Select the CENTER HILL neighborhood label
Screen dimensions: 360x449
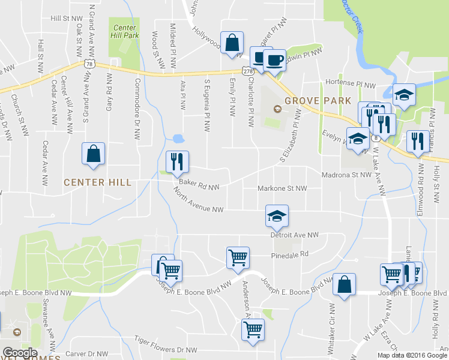click(x=97, y=182)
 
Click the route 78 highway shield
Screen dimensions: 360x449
click(x=89, y=63)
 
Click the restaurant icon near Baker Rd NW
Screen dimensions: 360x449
click(x=177, y=161)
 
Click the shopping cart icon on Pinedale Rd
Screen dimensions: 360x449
click(x=238, y=257)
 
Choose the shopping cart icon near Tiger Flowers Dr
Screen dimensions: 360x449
click(x=253, y=329)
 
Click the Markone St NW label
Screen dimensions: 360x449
click(x=282, y=188)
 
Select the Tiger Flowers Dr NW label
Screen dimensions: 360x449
click(x=165, y=349)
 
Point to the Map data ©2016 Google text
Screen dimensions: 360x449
click(x=411, y=355)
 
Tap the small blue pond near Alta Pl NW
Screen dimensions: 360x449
click(x=178, y=139)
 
